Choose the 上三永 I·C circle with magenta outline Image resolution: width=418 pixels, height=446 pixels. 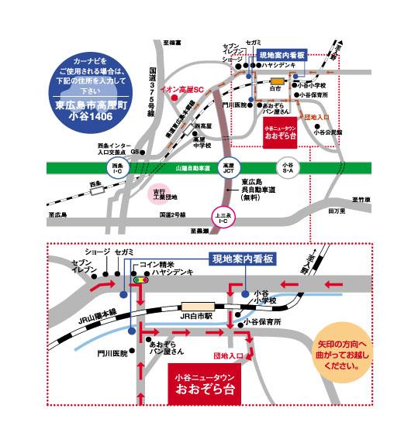coord(223,218)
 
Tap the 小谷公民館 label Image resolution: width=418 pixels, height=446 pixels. coord(328,132)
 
